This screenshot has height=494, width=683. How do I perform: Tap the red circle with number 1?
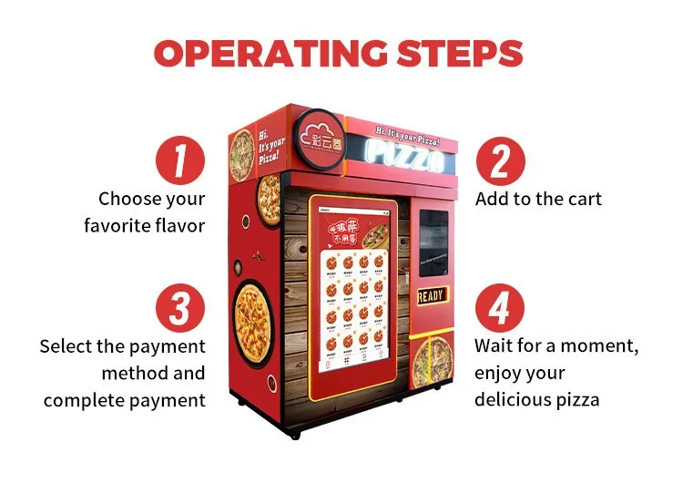point(179,161)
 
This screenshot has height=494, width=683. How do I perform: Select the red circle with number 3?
point(179,308)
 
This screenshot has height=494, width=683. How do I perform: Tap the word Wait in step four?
point(495,346)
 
